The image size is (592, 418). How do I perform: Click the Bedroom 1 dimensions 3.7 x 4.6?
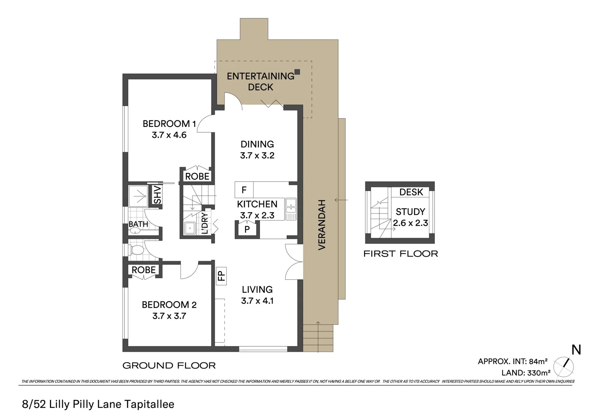point(169,135)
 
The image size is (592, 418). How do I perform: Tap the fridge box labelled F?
point(244,190)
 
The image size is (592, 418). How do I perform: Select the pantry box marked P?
point(247,229)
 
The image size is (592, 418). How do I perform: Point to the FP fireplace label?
point(221,276)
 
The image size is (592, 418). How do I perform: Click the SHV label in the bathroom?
point(157,195)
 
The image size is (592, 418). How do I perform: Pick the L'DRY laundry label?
point(205,223)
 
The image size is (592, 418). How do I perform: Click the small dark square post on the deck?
point(297,72)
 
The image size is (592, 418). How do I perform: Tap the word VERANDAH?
point(322,224)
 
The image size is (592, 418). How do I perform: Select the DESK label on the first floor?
point(411,192)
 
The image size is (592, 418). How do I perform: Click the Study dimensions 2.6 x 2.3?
point(410,223)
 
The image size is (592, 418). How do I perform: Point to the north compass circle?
point(563,366)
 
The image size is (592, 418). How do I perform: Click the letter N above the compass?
point(576,350)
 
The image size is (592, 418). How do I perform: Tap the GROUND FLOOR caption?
point(169,365)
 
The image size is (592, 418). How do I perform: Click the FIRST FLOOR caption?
point(401,254)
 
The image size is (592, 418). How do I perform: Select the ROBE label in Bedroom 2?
point(143,270)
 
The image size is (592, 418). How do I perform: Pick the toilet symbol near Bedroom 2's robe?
point(136,250)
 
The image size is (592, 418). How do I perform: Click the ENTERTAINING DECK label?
point(260,81)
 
